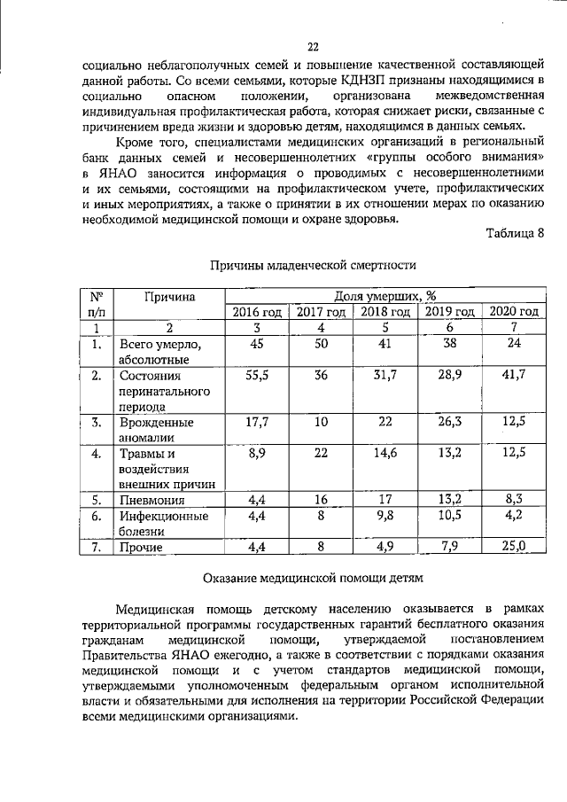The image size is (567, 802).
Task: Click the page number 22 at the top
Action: (x=313, y=47)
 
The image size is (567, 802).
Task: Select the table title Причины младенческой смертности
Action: (x=312, y=265)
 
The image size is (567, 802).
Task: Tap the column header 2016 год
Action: (x=257, y=311)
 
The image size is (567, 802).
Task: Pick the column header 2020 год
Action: (x=514, y=311)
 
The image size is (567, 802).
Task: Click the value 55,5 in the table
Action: (x=257, y=376)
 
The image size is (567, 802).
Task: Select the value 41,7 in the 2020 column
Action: (x=514, y=376)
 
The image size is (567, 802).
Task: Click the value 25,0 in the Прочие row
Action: (x=514, y=546)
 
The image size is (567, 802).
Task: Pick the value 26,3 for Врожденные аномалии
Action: (x=450, y=422)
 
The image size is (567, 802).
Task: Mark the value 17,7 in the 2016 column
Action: (x=257, y=422)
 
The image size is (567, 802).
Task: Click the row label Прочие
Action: (x=142, y=547)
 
